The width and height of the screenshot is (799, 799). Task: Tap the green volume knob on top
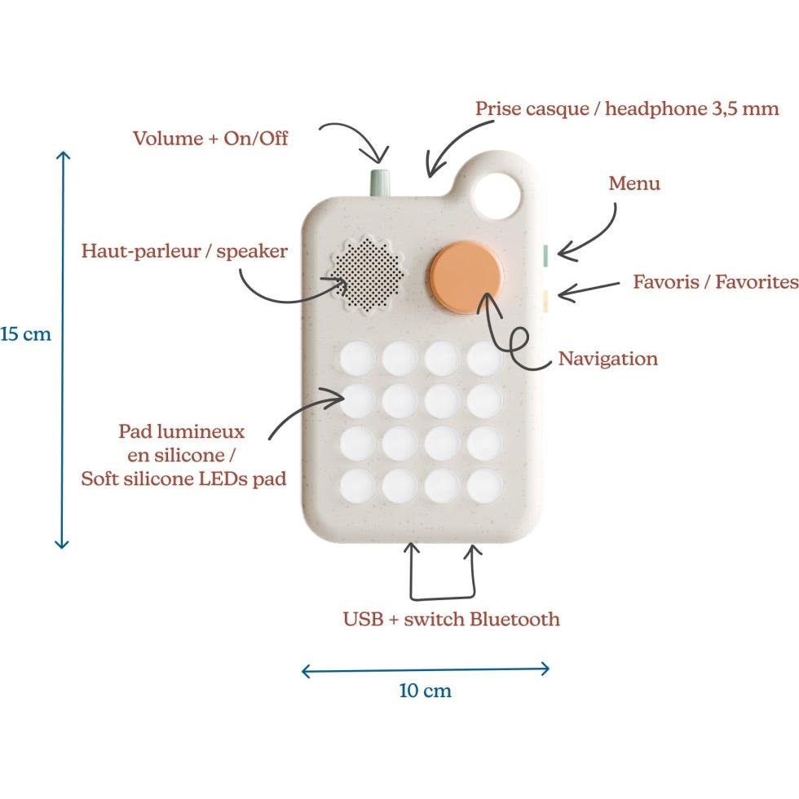click(381, 182)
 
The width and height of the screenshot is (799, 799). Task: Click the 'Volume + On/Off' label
click(210, 138)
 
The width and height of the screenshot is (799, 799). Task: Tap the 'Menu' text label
click(634, 183)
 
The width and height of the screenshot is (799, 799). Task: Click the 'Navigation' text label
click(607, 359)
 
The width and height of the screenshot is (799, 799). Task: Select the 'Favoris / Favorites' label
click(715, 282)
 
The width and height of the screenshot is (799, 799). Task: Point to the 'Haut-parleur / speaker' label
click(184, 250)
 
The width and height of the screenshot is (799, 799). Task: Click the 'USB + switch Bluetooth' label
click(451, 619)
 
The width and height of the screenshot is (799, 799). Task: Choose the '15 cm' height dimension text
click(25, 334)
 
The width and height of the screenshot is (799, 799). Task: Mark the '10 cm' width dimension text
click(425, 691)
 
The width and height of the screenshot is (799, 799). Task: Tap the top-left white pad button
click(356, 358)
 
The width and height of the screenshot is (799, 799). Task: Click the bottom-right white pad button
click(484, 486)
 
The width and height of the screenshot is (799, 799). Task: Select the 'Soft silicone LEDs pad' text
click(183, 479)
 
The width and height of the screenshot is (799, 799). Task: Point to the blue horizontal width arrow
click(425, 670)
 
